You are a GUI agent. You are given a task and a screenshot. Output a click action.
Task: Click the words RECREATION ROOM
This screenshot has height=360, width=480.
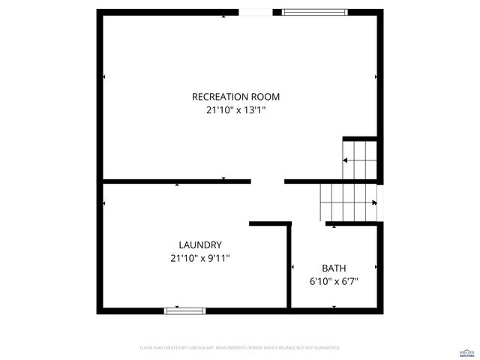pos(236,96)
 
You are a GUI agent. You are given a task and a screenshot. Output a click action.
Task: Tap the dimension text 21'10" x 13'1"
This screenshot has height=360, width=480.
pos(236,109)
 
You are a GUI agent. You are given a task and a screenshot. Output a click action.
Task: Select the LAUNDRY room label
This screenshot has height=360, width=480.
pos(199,244)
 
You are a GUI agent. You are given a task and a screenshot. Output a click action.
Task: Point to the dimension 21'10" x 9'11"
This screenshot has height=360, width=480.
pos(199,258)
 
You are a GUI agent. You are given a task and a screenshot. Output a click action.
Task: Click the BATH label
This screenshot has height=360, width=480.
pos(334,268)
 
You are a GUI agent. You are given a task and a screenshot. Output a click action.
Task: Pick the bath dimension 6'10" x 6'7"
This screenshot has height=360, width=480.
pos(334,281)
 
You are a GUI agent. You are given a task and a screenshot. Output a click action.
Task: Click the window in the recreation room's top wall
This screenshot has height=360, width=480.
pos(315,12)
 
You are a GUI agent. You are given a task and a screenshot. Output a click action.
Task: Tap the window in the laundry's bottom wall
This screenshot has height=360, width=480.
pos(184,310)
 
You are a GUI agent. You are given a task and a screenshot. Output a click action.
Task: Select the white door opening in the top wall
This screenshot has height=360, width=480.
pos(256,12)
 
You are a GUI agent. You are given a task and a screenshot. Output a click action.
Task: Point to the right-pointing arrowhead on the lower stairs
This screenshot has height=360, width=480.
pos(373,202)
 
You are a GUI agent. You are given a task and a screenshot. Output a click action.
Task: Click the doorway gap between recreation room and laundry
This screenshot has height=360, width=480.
pos(268,181)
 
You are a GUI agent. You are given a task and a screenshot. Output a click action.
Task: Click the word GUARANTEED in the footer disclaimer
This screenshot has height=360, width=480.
pos(325,348)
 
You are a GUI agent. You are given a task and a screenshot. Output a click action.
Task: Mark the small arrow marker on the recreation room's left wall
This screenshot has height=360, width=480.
pos(103,76)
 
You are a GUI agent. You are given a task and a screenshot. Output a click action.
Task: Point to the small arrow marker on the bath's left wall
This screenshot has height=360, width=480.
pos(292,266)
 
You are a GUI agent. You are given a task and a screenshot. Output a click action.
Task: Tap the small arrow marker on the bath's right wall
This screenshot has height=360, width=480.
pos(375,266)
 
